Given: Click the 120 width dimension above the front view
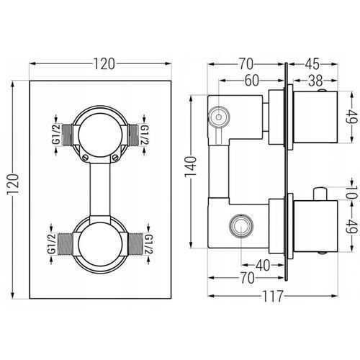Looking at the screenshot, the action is click(x=104, y=64).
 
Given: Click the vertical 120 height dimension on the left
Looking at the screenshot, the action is click(x=14, y=184).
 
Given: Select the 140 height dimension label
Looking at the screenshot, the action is click(x=191, y=166).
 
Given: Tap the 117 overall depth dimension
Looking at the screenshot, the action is click(x=273, y=296).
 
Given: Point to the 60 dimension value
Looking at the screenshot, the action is click(x=252, y=81).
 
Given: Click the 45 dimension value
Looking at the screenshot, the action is click(x=312, y=64).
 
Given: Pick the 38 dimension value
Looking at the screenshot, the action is click(x=315, y=81).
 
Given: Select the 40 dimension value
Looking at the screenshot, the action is click(x=263, y=265).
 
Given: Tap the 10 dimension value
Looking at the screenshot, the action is click(x=352, y=192).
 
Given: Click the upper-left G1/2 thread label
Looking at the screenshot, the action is click(x=56, y=135).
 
